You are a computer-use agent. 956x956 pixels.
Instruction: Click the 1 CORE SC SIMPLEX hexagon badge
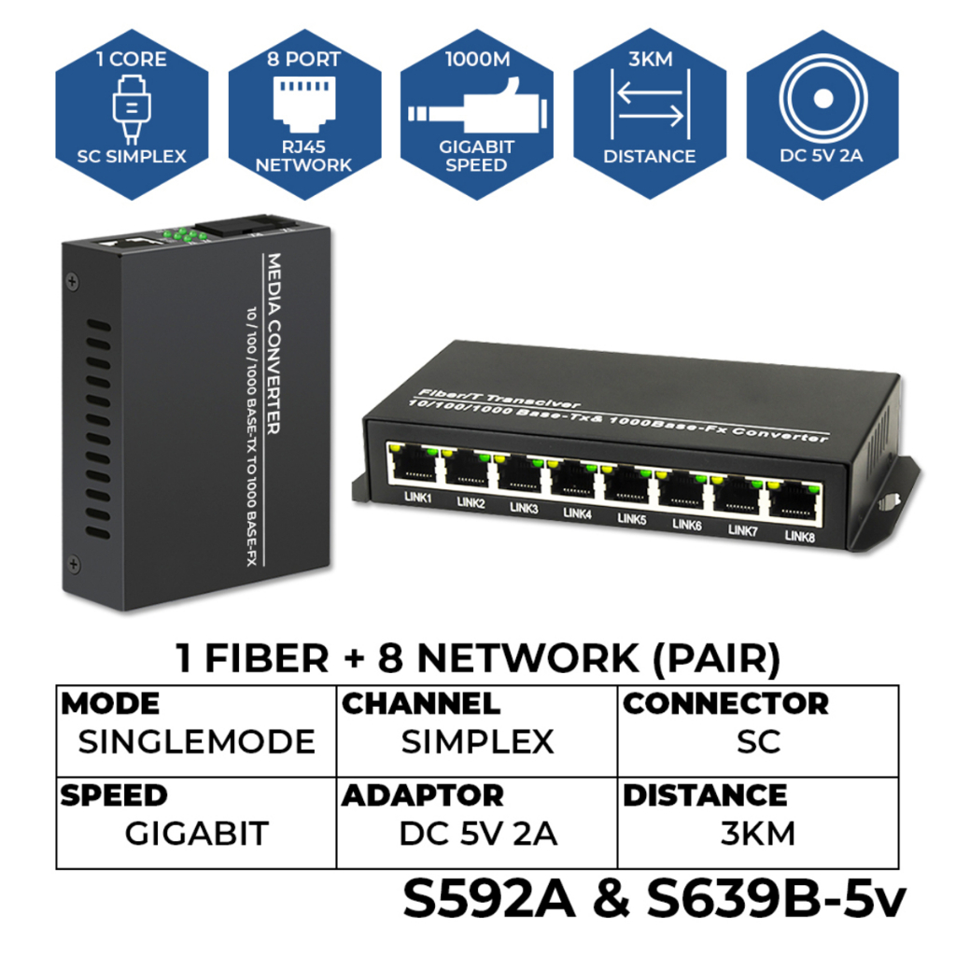132,114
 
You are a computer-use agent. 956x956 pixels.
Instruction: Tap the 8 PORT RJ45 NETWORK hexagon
304,114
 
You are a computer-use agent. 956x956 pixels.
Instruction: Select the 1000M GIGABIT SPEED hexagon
477,114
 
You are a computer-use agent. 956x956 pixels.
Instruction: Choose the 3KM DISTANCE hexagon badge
650,114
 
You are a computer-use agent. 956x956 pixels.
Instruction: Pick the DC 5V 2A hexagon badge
822,114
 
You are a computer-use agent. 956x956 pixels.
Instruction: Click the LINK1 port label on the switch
417,498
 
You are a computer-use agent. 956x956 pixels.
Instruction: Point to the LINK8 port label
799,536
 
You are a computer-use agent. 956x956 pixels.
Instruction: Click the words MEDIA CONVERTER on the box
274,344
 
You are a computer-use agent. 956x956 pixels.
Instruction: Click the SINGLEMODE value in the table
196,742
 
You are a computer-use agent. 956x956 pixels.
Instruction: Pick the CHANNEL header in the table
421,704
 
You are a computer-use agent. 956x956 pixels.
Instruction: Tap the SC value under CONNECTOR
758,742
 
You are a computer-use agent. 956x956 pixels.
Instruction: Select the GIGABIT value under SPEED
197,834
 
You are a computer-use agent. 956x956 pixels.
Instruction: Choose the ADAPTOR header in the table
423,795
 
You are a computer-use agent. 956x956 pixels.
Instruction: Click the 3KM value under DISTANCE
758,834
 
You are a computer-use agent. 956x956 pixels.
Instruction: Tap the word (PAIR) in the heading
716,659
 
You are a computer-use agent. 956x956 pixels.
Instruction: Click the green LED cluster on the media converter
184,234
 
